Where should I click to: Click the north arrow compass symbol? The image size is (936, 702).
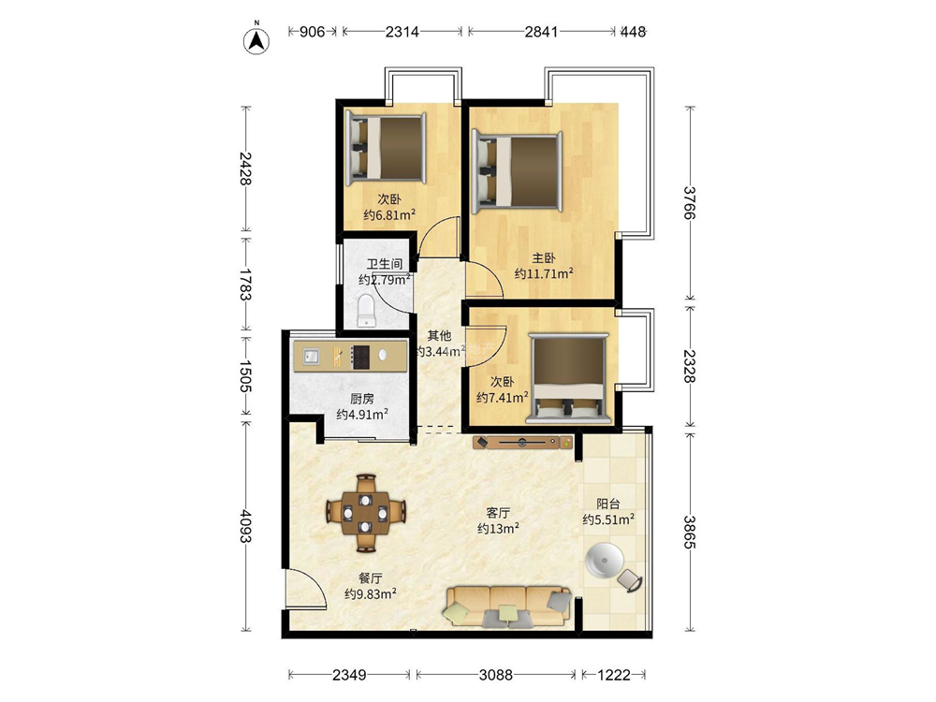point(256,40)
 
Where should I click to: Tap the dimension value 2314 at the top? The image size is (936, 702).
point(402,32)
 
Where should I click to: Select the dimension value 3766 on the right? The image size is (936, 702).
point(690,203)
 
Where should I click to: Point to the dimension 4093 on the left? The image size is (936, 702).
point(245,526)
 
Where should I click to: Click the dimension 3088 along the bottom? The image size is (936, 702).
point(496,675)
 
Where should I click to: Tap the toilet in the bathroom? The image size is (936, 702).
point(366,311)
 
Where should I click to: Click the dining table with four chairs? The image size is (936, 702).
point(365,513)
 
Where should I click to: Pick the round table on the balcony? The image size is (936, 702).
point(604,562)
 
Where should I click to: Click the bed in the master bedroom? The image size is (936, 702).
point(517,171)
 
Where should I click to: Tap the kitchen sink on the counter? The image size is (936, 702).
point(311,357)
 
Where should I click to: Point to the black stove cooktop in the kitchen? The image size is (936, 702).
point(360,357)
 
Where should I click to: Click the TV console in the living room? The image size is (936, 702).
point(523,443)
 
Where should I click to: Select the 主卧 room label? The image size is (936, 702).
point(544,258)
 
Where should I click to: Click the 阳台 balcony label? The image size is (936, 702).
point(608,504)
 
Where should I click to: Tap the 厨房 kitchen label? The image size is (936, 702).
point(361,399)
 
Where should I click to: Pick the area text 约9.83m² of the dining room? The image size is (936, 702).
point(371,594)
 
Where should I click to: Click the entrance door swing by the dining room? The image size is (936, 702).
point(306,589)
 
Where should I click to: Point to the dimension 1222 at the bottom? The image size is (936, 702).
point(614,675)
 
